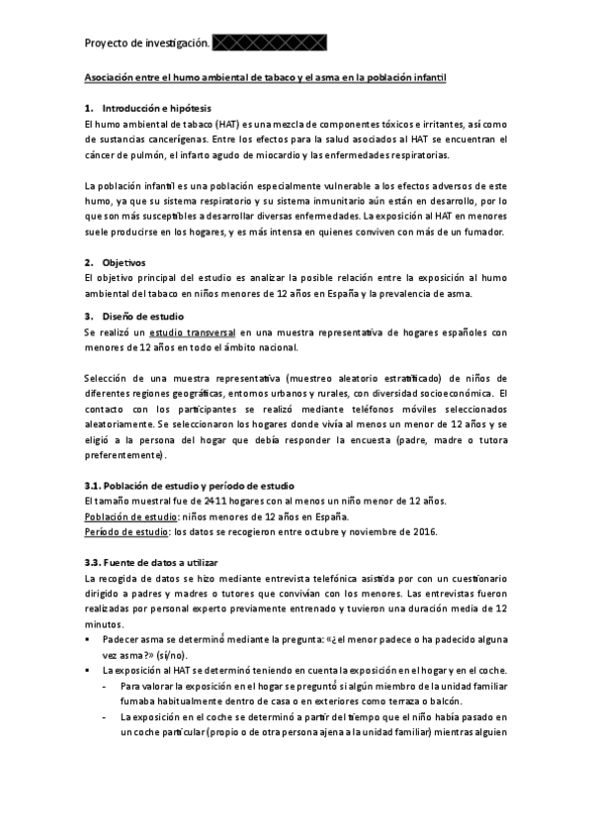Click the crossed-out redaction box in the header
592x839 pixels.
269,43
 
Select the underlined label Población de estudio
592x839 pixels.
123,516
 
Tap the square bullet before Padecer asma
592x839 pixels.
89,641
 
